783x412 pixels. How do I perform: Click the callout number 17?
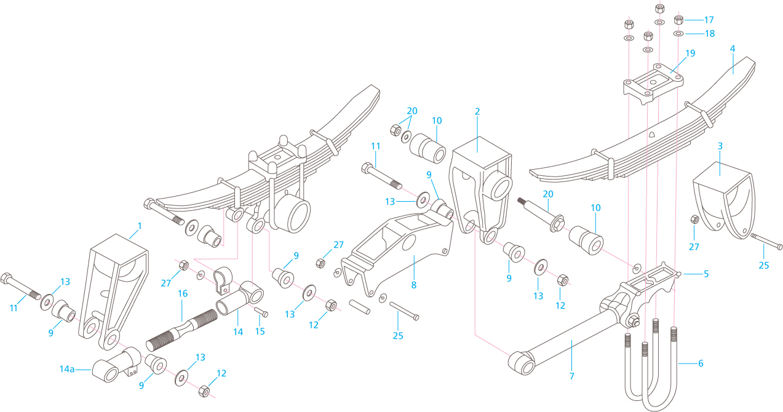click(709, 20)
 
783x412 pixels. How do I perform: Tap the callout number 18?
click(709, 34)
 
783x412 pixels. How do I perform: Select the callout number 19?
click(690, 53)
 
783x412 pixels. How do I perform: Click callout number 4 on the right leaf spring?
click(732, 48)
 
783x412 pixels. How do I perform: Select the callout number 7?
click(571, 375)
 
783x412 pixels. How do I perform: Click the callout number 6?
click(700, 363)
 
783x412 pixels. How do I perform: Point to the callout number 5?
click(706, 274)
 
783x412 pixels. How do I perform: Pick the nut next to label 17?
click(679, 20)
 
